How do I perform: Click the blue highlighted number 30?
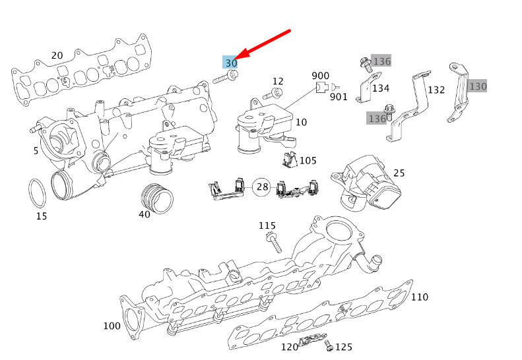[230, 62]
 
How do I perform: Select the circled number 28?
[262, 187]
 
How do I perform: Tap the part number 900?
[320, 76]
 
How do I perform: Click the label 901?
[339, 97]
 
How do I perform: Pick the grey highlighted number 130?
[477, 86]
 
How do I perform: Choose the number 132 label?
[436, 90]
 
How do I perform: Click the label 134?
[381, 88]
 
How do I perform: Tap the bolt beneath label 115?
[274, 243]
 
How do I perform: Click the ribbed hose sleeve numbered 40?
[157, 198]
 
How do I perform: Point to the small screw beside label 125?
[329, 345]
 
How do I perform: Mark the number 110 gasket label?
[420, 297]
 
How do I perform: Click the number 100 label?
[112, 326]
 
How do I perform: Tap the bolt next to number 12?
[273, 94]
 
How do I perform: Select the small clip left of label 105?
[289, 159]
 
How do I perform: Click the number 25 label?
[399, 173]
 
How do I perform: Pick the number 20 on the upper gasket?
[57, 55]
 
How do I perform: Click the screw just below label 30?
[226, 77]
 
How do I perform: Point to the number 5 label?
[36, 151]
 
